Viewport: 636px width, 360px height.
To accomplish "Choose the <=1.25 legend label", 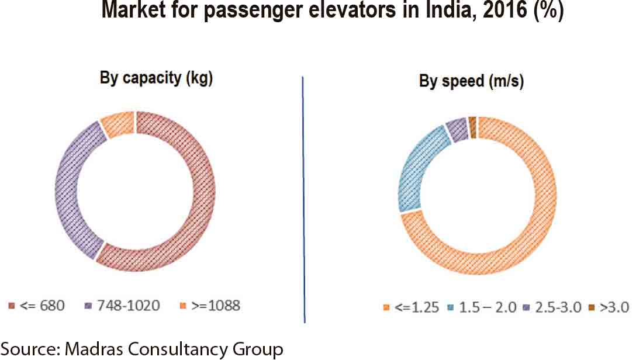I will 416,307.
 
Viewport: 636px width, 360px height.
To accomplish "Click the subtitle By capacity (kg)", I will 157,78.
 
